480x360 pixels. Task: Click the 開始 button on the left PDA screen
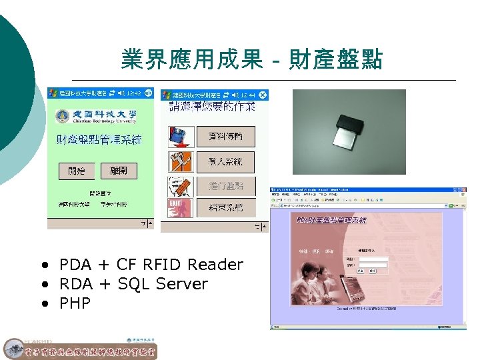coord(77,171)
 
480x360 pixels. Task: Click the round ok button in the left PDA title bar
coord(148,93)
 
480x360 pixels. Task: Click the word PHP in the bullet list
coord(75,303)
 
